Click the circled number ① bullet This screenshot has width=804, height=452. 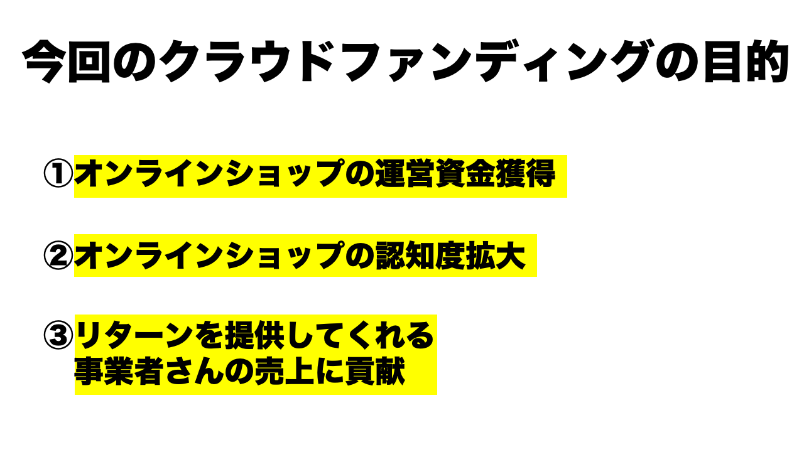coord(58,174)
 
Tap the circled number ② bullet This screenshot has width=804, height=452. coord(58,256)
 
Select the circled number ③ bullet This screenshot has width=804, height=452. coord(58,335)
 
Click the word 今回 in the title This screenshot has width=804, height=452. coord(67,62)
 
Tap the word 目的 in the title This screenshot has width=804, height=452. coord(747,62)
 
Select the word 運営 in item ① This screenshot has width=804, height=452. coord(404,174)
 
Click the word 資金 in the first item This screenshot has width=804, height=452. coord(464,174)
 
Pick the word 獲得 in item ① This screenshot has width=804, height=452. coord(525,174)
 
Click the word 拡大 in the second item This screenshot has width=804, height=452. coord(496,256)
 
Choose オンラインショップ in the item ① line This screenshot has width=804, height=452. coord(209,174)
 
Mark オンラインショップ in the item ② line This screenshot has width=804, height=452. coord(209,256)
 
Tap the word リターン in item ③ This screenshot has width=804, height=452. coord(134,335)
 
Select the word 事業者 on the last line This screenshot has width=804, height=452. coord(119,371)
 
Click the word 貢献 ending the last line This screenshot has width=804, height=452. coord(375,371)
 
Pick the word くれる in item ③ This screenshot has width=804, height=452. coord(389,335)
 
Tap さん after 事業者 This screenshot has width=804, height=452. coord(194,371)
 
